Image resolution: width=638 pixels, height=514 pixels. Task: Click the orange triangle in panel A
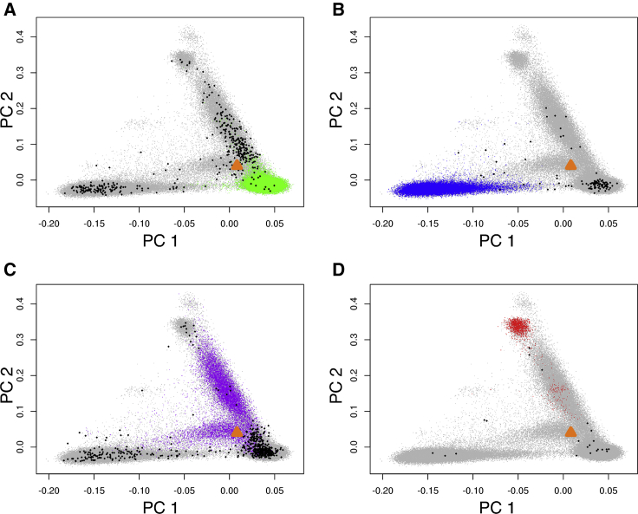click(x=237, y=164)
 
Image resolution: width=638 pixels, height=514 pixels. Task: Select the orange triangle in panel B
click(x=570, y=164)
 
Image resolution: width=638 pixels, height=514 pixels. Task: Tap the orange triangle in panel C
click(x=237, y=431)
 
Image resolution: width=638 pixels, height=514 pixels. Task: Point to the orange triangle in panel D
click(x=570, y=431)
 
